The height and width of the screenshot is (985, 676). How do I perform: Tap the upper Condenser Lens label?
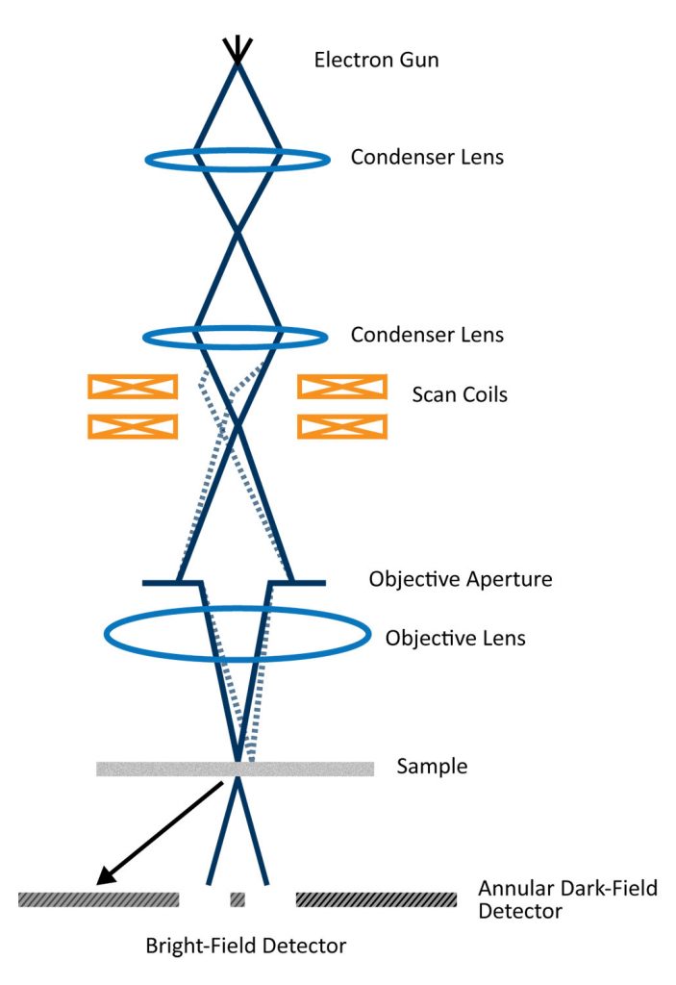[x=427, y=157]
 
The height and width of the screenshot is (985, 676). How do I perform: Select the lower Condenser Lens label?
[x=427, y=336]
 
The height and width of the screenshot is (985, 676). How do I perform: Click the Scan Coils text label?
[x=460, y=393]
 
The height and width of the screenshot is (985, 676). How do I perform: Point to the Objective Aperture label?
[x=461, y=580]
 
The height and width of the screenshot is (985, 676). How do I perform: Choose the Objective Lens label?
[x=456, y=638]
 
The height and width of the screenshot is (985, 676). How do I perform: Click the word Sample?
[x=432, y=767]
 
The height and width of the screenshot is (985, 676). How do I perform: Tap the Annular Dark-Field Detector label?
[x=567, y=898]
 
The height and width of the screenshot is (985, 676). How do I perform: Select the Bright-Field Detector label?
[x=245, y=946]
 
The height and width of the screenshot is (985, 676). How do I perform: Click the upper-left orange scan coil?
[x=133, y=387]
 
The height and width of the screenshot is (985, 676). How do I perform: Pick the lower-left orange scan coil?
[x=133, y=426]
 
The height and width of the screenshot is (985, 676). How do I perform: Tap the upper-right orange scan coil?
[x=342, y=387]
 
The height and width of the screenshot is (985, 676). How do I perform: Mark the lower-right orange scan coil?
[x=342, y=426]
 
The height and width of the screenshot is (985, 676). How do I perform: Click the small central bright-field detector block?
[x=238, y=899]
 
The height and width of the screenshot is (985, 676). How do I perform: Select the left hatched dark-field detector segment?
[x=99, y=899]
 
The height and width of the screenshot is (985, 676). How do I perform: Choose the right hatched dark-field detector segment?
[x=376, y=899]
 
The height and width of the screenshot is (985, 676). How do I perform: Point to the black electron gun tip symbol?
[x=238, y=48]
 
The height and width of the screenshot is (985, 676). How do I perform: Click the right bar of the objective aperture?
[x=300, y=583]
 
